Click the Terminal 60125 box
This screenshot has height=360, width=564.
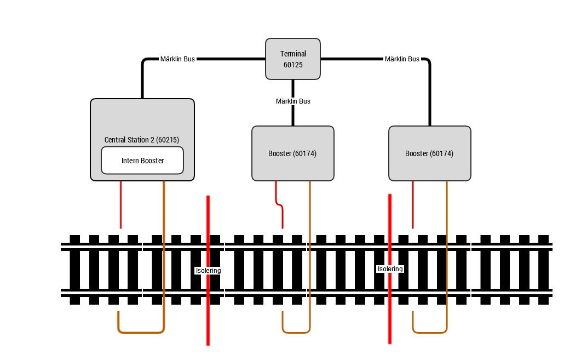pos(293,59)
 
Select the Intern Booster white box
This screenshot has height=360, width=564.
pos(142,161)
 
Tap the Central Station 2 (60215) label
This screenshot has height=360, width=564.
pos(142,140)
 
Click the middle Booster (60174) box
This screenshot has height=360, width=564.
pos(293,153)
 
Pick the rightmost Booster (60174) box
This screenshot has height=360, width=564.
pos(430,153)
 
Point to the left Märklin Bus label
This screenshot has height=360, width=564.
pos(178,59)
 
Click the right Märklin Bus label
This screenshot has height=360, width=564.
pos(402,59)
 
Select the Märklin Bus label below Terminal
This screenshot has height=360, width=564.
pos(293,101)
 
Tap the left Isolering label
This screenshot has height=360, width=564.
pos(208,270)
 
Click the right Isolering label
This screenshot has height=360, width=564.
pos(390,269)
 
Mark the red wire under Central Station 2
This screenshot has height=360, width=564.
pos(121,204)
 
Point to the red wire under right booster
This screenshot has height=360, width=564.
pos(412,204)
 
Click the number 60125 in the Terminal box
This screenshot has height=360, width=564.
pos(293,65)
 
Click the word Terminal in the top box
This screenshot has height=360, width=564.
pos(293,54)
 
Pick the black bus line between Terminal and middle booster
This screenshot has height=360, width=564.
pos(293,102)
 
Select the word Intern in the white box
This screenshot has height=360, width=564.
pos(129,161)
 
